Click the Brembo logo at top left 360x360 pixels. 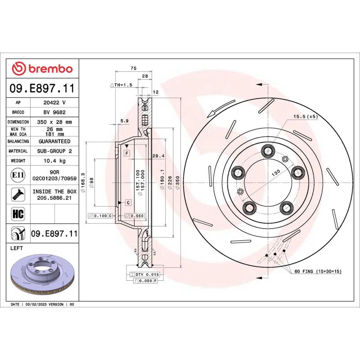[x=42, y=69]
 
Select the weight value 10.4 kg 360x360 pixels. [x=54, y=161]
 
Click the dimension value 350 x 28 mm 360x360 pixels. [x=54, y=122]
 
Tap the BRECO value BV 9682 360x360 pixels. [x=54, y=112]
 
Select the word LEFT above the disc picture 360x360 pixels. [x=17, y=248]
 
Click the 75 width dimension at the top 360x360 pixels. [x=133, y=68]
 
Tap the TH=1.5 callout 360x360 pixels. [x=121, y=85]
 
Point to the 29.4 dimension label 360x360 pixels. [x=158, y=156]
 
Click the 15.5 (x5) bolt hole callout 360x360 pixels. [x=306, y=117]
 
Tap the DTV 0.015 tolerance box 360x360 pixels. [x=147, y=274]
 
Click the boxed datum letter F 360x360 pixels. [x=127, y=153]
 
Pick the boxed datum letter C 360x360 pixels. [x=128, y=203]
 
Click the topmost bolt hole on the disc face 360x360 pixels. [x=270, y=151]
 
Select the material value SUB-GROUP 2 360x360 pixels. [x=54, y=151]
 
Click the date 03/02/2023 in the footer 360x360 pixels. [x=38, y=305]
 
